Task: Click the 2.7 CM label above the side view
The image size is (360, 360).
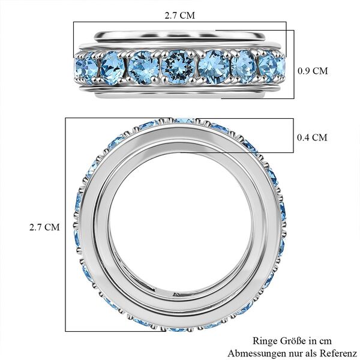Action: [x=179, y=12]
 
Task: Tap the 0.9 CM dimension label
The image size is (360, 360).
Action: [x=313, y=70]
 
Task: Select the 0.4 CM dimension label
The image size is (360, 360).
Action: [x=313, y=137]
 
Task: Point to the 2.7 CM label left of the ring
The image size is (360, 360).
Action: [x=45, y=227]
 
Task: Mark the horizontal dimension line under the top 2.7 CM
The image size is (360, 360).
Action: [x=180, y=22]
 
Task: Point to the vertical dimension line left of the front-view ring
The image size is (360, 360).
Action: [x=65, y=227]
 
